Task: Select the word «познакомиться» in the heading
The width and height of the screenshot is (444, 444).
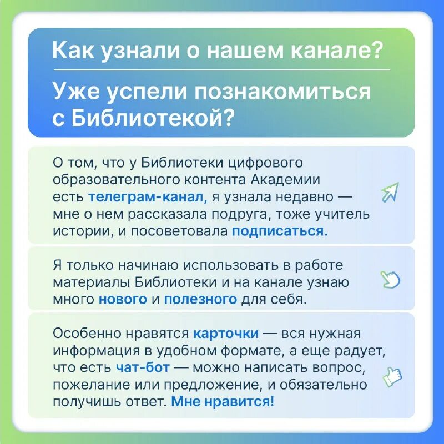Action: pos(284,91)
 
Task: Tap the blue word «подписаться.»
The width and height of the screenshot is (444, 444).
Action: pos(280,231)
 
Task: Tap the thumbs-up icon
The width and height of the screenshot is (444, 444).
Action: pos(392,376)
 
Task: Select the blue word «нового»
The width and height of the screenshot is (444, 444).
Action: pos(123,300)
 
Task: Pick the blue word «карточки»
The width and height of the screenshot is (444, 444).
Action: pos(226,334)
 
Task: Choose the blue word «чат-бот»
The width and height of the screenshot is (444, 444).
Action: pos(143,367)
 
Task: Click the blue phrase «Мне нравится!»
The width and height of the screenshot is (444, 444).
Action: pos(223,401)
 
